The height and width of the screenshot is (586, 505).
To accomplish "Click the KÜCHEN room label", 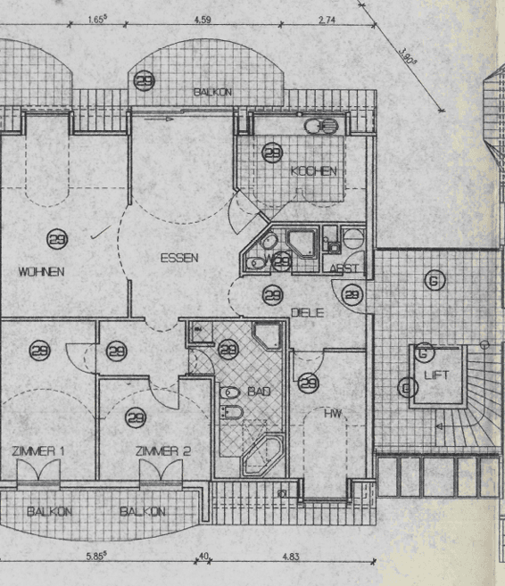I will point(313,171).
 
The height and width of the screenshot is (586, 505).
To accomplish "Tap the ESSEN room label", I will point(179,258).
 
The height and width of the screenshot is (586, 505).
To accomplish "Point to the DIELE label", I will point(307,312).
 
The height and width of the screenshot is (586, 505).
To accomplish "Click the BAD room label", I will point(259,392).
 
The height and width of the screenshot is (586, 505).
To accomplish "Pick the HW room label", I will point(333,413).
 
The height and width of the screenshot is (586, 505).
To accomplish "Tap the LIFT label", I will point(436,376).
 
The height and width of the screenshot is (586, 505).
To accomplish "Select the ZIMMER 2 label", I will point(163,451).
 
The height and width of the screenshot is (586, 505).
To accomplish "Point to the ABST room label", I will point(344,269).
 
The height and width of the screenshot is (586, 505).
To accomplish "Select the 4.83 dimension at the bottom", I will point(292,557).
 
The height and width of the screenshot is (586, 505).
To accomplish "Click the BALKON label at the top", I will point(213,92).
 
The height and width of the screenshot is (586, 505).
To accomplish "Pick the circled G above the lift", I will point(434,281).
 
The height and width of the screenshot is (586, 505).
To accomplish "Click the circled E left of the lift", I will point(408,387).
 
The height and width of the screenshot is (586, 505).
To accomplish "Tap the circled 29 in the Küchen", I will point(272,153).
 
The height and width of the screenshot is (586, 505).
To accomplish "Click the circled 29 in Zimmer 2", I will point(136,416).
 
